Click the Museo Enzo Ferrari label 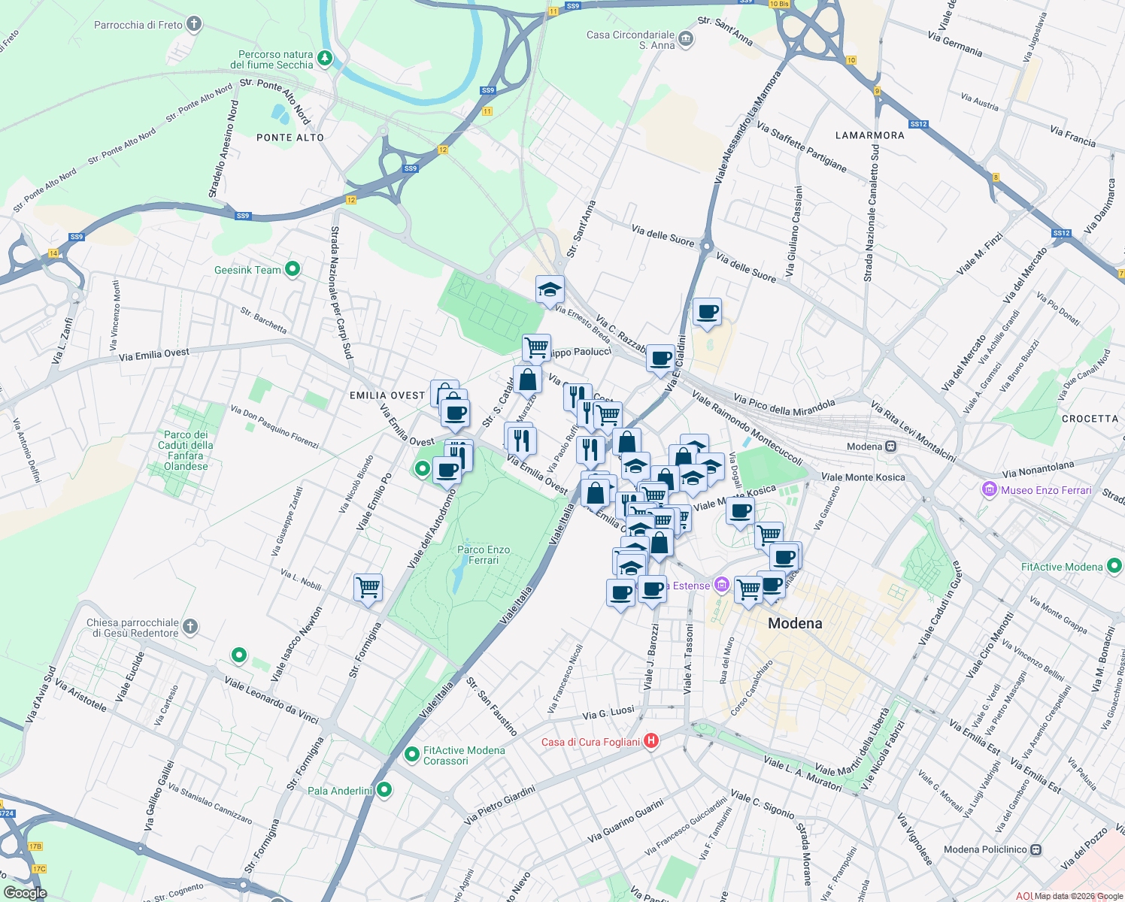[1046, 490]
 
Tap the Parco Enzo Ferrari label [484, 555]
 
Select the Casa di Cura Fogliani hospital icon [651, 741]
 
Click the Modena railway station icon [890, 446]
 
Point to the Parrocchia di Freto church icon [194, 24]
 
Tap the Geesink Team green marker [293, 268]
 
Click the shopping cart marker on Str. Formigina [368, 586]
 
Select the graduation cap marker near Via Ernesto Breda [550, 289]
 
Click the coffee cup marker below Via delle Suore [706, 311]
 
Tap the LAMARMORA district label [869, 135]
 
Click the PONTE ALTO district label [290, 138]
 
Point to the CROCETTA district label [1090, 419]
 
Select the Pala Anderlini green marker [384, 790]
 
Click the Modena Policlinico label [985, 849]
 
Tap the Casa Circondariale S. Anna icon [685, 38]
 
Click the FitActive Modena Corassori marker [411, 754]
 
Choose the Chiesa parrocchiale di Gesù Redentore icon [190, 626]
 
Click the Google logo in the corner [25, 893]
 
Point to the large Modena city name [795, 623]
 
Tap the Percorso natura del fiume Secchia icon [324, 58]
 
